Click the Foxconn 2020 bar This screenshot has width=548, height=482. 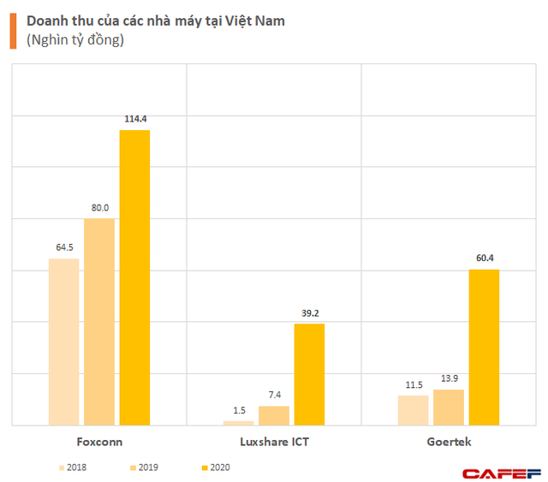(134, 277)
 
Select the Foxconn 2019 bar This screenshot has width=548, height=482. (99, 322)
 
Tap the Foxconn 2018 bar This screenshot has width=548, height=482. (63, 342)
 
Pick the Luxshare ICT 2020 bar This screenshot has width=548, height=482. (309, 374)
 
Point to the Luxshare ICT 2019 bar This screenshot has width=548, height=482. (274, 415)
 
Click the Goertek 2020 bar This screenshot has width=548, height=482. (484, 347)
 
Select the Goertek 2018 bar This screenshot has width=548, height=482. (414, 410)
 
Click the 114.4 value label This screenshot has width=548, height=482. (134, 118)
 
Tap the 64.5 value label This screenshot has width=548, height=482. (63, 247)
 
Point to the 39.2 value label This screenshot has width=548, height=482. (309, 312)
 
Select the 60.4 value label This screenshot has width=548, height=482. (484, 258)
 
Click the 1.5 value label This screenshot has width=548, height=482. (239, 410)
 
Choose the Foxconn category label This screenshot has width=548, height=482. (98, 442)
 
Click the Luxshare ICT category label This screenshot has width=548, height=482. (273, 442)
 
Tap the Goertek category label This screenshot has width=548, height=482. (449, 442)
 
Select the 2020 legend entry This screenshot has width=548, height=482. (213, 467)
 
